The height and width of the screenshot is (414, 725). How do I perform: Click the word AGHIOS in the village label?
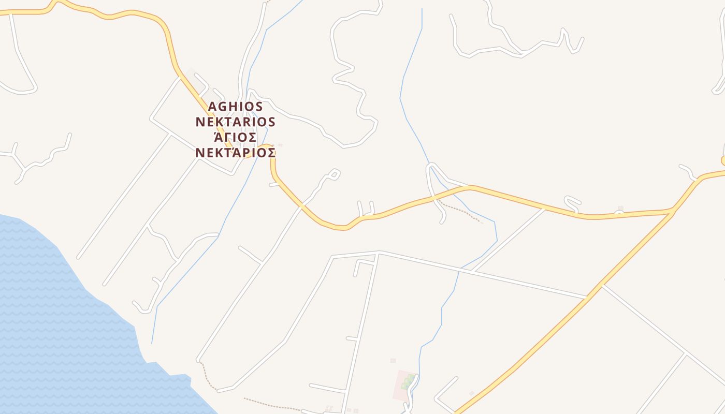coord(236,107)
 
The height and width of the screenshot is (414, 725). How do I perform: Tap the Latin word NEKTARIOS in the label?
coord(236,122)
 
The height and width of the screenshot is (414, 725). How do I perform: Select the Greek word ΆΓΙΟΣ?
coord(236,137)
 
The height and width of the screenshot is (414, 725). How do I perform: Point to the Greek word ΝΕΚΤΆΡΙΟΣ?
coord(236,153)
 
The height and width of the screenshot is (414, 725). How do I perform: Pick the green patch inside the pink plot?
coord(408,382)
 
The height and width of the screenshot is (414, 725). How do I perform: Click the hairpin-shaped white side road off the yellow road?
coord(572,203)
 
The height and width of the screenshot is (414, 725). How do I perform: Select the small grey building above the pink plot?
coord(393,360)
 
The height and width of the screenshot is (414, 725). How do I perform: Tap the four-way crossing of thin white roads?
coord(686,354)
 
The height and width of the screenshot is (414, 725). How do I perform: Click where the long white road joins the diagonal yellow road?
coord(589,297)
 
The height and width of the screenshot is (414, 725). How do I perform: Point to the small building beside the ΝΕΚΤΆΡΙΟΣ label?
coord(280,145)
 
